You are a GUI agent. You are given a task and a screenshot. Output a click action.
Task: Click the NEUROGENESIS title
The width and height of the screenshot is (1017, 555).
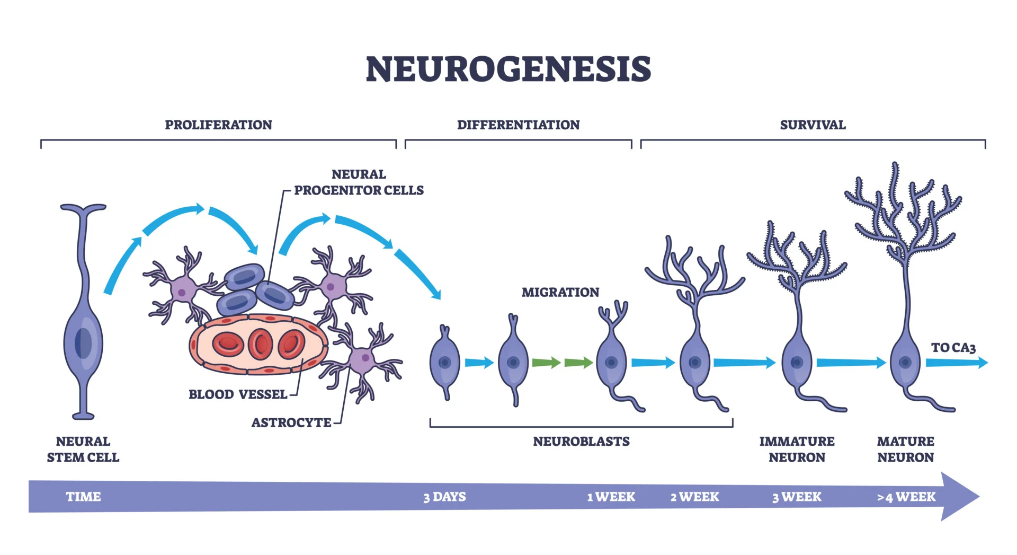pos(508,69)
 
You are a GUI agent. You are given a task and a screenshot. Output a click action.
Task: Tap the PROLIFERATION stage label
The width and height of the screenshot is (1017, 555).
pos(218,125)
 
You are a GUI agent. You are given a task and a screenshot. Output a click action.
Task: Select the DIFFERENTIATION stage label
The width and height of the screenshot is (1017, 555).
pos(518,125)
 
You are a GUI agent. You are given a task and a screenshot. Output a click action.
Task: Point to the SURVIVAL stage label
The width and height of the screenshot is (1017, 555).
pos(813,125)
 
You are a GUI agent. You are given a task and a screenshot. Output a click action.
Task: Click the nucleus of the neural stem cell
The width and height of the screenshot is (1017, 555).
pos(83,343)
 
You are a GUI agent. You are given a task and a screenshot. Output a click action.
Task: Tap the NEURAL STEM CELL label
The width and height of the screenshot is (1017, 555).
pos(83,449)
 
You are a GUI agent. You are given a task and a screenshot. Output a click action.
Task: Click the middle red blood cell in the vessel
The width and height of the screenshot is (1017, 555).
pos(260,344)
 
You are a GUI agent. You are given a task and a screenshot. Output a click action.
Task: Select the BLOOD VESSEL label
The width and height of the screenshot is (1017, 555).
pos(238,394)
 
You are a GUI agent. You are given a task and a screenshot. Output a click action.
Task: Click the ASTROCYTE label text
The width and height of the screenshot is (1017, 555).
pos(291,422)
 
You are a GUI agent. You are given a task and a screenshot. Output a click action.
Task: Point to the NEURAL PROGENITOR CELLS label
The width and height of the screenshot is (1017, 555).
pos(359,182)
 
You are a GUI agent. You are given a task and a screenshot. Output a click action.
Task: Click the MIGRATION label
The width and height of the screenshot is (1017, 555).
pos(560,292)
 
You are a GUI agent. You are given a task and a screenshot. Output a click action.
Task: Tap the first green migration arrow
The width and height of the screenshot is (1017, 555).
pos(546,363)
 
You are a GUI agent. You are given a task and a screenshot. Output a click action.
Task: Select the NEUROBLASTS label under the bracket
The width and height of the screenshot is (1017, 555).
pos(581,441)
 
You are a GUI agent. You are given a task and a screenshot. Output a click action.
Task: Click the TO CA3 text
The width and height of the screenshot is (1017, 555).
pos(953,348)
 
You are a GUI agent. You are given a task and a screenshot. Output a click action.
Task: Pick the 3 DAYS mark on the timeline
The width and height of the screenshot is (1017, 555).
pos(444,497)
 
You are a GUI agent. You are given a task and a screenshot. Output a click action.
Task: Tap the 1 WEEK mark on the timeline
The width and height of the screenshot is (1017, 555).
pos(611,497)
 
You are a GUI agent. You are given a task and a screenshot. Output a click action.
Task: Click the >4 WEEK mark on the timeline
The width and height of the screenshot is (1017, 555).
pos(906,497)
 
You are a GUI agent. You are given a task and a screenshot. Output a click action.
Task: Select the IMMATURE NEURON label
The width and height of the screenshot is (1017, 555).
pos(797,449)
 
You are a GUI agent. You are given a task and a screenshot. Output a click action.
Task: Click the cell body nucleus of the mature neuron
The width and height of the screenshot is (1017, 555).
pos(905,363)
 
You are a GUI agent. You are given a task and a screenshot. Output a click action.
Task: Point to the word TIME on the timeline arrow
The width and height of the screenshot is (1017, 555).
pos(83,497)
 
